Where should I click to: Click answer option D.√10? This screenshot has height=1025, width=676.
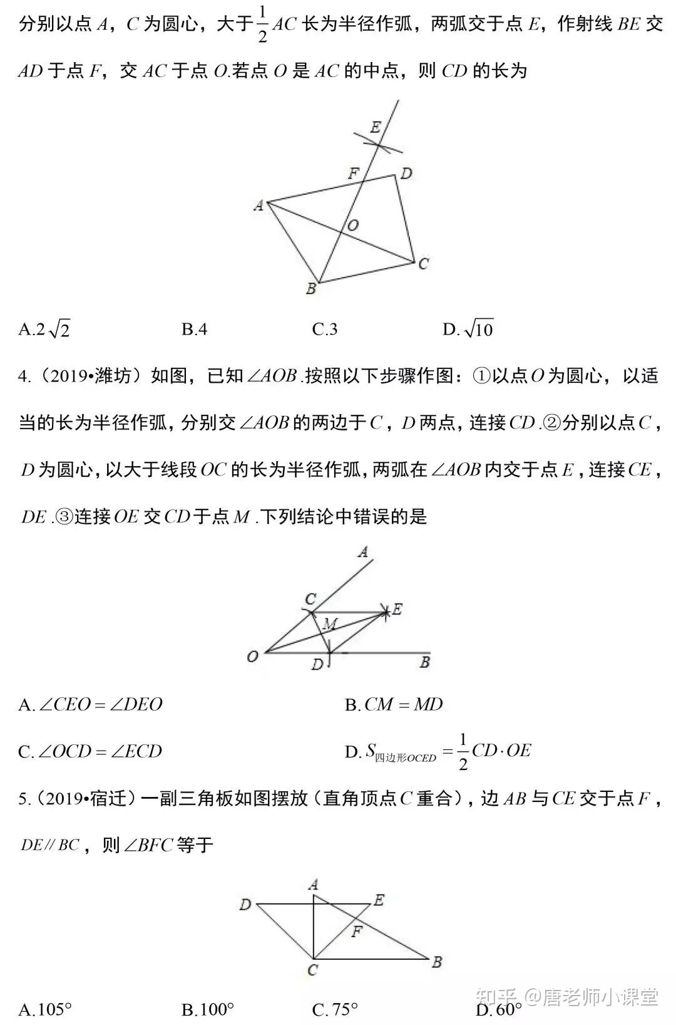(468, 329)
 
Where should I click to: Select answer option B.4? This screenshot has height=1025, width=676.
(194, 329)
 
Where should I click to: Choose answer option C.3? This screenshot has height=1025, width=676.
(324, 329)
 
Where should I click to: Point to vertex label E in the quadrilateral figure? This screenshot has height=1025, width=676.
(375, 128)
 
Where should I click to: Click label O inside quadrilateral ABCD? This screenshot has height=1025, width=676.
(353, 226)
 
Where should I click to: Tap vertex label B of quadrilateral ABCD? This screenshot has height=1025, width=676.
(310, 289)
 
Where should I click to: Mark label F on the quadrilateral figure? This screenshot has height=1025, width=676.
(354, 174)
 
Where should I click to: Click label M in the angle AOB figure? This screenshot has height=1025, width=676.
(330, 624)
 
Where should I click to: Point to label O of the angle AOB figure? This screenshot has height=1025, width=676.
(252, 657)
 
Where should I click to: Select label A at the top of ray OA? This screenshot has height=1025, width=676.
(362, 552)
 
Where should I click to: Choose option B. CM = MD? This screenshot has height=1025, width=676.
(394, 705)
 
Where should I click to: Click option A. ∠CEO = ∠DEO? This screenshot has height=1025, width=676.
(90, 705)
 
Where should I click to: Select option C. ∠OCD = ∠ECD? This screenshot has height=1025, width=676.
(90, 751)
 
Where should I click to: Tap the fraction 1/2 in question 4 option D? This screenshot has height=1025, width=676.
(463, 751)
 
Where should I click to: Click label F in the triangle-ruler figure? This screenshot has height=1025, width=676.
(357, 932)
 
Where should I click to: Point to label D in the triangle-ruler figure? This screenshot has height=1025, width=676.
(245, 904)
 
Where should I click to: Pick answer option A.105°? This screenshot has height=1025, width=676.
(45, 1009)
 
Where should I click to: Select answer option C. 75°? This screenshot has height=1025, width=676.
(335, 1009)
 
